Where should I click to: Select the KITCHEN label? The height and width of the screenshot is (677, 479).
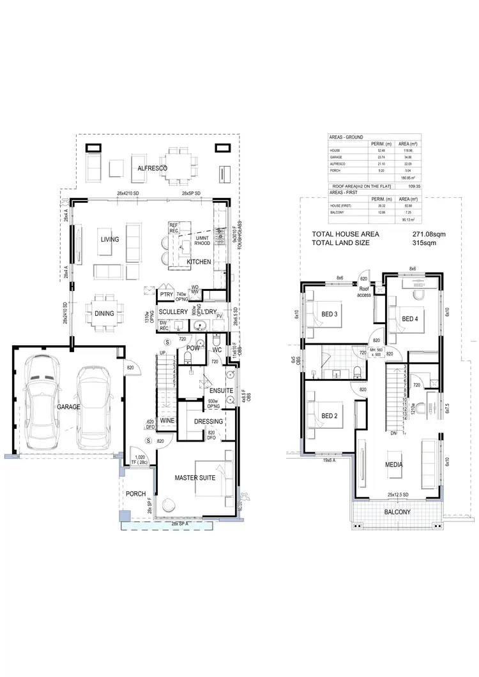click(199, 262)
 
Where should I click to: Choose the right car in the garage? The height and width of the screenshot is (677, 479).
click(93, 406)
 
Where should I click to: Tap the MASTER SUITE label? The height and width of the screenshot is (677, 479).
click(195, 477)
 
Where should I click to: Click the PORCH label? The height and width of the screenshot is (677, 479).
click(135, 494)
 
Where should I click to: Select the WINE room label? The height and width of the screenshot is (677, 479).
click(167, 421)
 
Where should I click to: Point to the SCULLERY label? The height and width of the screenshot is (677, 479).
click(174, 311)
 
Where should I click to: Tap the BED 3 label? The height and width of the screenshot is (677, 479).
click(330, 313)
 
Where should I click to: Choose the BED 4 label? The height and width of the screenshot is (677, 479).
click(410, 318)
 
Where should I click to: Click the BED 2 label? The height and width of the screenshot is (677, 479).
click(330, 416)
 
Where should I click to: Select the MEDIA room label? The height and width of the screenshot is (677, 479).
click(394, 465)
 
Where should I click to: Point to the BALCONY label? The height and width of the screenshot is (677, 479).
click(397, 512)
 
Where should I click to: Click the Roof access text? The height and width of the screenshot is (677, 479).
click(363, 292)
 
